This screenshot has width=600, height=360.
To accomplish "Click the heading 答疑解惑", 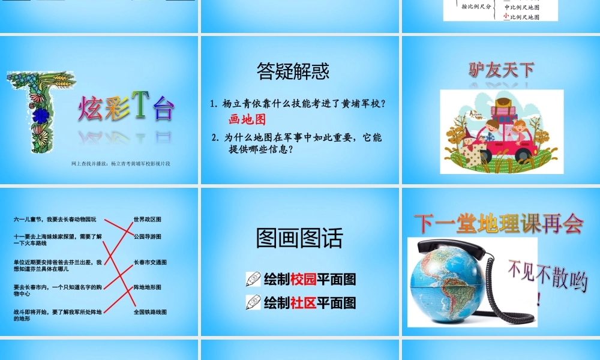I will (293, 71).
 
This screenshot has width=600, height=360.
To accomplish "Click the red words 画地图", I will (247, 119).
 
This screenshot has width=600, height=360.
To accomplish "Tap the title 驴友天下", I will (502, 70).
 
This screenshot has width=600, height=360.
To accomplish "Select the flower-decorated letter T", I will (38, 112).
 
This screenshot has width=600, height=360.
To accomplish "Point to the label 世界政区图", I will (147, 220).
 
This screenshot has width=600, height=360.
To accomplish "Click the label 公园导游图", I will (147, 237).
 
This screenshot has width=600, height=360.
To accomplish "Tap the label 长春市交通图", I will (149, 262).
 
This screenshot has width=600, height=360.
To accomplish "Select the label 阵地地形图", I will (147, 287).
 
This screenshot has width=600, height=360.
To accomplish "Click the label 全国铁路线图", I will (149, 312).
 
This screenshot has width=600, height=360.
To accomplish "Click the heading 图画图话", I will (299, 238).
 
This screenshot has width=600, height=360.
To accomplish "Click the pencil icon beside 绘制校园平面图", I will (253, 280).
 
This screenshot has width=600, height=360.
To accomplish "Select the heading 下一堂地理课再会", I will (498, 224).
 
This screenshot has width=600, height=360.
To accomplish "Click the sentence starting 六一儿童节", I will (55, 220).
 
